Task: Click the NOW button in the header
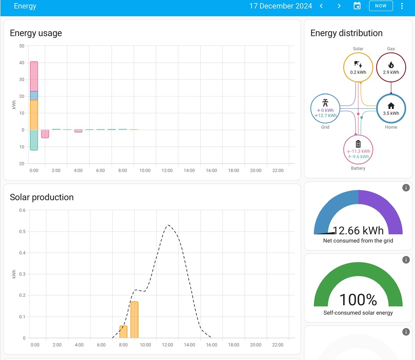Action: click(x=381, y=6)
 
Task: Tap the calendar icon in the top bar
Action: click(x=357, y=6)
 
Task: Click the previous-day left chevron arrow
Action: click(x=321, y=6)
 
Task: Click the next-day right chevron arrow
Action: click(x=339, y=6)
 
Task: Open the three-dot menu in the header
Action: click(x=402, y=6)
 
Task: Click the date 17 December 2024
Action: click(x=280, y=6)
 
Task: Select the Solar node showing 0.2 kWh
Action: click(x=358, y=67)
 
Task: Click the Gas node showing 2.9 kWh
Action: click(x=391, y=67)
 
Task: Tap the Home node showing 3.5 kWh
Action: click(x=391, y=109)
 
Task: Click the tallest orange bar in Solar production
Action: click(x=134, y=320)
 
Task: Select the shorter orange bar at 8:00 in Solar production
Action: click(x=123, y=331)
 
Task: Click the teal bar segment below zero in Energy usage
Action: click(x=34, y=140)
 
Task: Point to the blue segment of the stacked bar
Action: click(x=34, y=96)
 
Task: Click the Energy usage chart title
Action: click(x=36, y=33)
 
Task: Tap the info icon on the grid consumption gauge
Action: click(x=406, y=188)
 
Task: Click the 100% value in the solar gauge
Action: click(x=358, y=300)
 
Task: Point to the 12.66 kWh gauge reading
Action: click(x=358, y=230)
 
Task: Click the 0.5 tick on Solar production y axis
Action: click(x=22, y=231)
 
